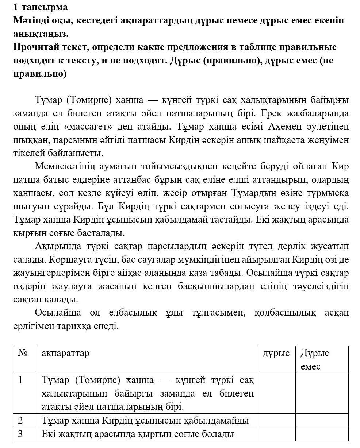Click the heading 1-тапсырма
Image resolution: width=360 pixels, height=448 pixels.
(40, 7)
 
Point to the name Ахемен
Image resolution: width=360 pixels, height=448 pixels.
(284, 127)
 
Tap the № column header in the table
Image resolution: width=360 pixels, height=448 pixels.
(23, 353)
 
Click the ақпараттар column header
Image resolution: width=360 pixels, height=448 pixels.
(65, 353)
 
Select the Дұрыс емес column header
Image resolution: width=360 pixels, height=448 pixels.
(315, 359)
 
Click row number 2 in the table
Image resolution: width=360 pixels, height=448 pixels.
(20, 420)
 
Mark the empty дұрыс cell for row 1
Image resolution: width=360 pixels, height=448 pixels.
(276, 393)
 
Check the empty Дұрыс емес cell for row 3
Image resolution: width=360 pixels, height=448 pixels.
(322, 434)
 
